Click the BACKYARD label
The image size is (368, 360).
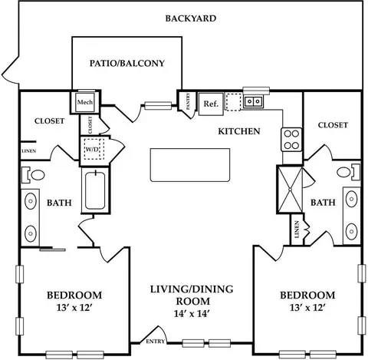(191, 18)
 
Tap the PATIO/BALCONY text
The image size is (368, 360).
(127, 63)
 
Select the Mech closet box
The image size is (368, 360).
(85, 102)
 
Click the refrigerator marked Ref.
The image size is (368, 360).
(211, 104)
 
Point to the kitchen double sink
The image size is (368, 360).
(253, 101)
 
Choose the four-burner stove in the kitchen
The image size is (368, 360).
(291, 140)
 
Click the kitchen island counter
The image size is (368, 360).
(190, 165)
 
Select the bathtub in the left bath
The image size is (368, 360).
(95, 190)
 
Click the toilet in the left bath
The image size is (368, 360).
(34, 175)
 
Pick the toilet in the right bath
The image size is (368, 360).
(348, 172)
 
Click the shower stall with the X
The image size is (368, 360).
(290, 190)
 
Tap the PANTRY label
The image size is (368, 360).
(189, 101)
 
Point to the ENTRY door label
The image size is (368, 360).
(156, 342)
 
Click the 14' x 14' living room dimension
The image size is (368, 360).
(192, 313)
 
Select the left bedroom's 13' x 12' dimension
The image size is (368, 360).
(74, 308)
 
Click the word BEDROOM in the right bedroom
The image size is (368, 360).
(307, 296)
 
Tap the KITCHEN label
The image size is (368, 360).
(239, 131)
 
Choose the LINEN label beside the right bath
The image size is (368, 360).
(297, 230)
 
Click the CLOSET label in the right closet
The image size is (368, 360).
(333, 125)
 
